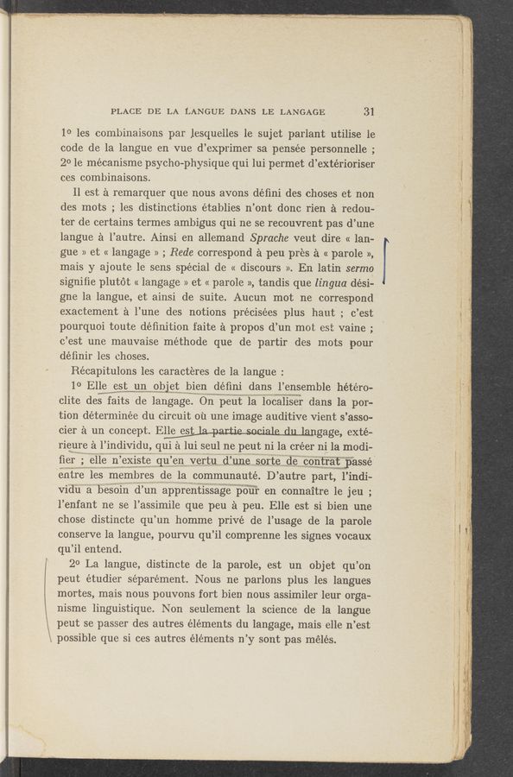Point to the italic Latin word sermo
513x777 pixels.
[357, 273]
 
